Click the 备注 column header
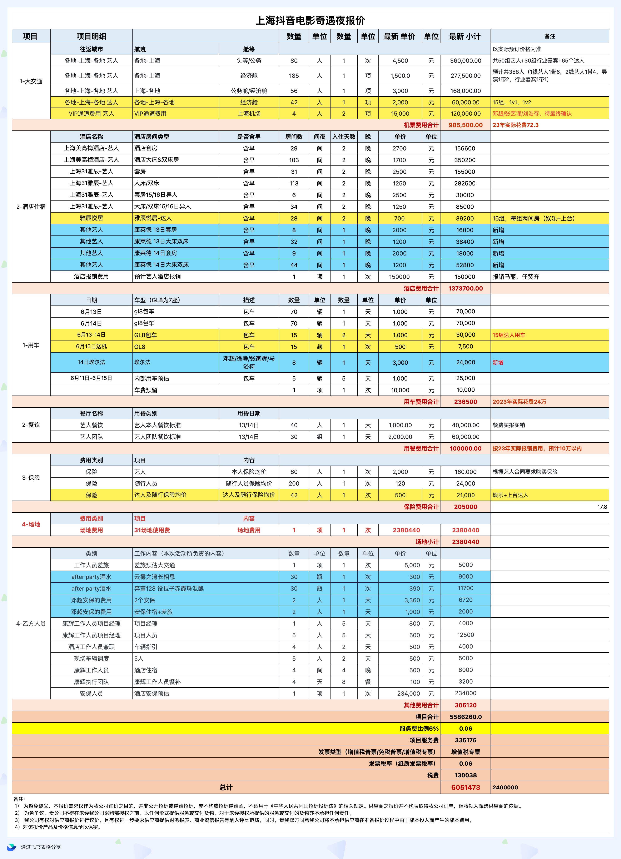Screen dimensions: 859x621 (550, 36)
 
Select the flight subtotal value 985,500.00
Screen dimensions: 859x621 (465, 125)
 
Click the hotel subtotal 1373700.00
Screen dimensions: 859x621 (465, 288)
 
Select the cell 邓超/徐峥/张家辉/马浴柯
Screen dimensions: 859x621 (249, 362)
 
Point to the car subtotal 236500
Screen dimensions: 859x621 (465, 402)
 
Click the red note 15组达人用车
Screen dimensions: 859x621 (508, 335)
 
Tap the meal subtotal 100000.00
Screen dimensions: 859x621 (465, 448)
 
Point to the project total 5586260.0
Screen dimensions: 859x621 (465, 717)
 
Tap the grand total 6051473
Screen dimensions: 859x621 (465, 787)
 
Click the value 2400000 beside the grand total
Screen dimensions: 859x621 (505, 787)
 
